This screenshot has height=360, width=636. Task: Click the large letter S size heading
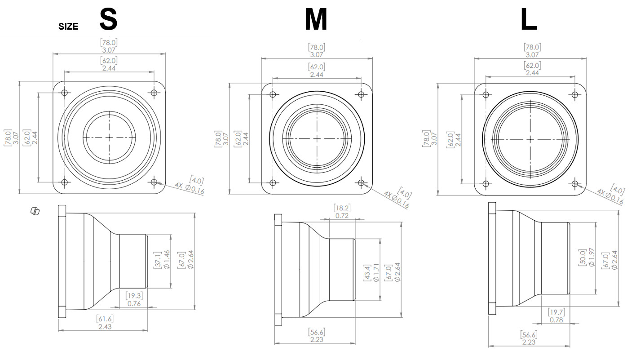(x=108, y=19)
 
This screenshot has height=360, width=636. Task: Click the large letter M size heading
(x=316, y=20)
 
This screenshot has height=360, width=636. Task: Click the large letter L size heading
(x=529, y=20)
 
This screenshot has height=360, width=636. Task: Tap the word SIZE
(x=68, y=27)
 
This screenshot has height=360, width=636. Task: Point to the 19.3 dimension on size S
(x=133, y=299)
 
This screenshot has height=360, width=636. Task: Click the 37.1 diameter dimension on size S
(x=162, y=261)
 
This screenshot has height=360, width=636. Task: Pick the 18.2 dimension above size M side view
(x=342, y=212)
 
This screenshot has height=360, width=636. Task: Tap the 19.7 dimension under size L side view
(x=556, y=316)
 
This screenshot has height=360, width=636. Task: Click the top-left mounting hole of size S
(x=65, y=93)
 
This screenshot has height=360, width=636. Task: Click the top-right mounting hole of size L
(x=574, y=95)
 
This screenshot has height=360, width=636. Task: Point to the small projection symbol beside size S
(x=35, y=211)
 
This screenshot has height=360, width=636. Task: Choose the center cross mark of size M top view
(x=317, y=138)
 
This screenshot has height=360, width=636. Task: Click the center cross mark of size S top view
(x=109, y=137)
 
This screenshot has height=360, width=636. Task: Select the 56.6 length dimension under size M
(x=317, y=336)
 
